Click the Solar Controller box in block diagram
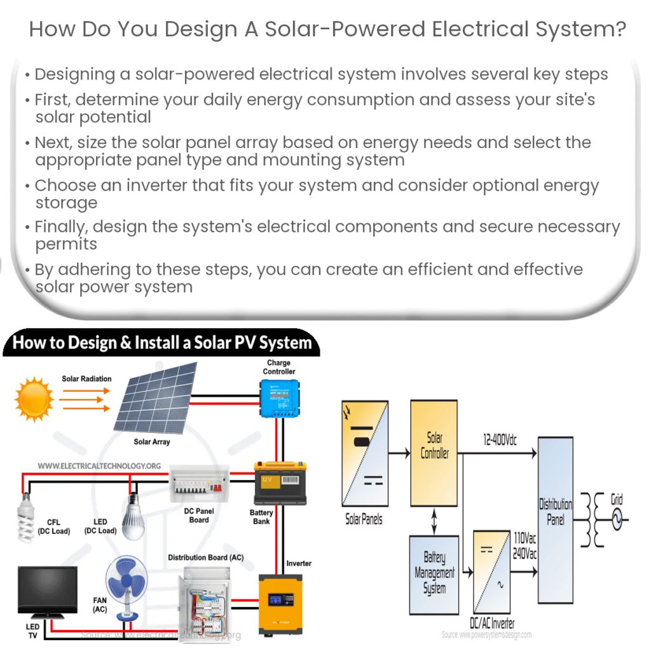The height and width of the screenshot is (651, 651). [x=434, y=446]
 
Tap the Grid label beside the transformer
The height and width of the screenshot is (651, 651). [x=617, y=500]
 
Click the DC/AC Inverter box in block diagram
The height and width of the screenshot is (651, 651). [x=492, y=571]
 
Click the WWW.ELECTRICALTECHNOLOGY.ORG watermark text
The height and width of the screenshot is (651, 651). [x=99, y=466]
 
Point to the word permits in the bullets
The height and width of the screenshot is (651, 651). [x=66, y=244]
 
